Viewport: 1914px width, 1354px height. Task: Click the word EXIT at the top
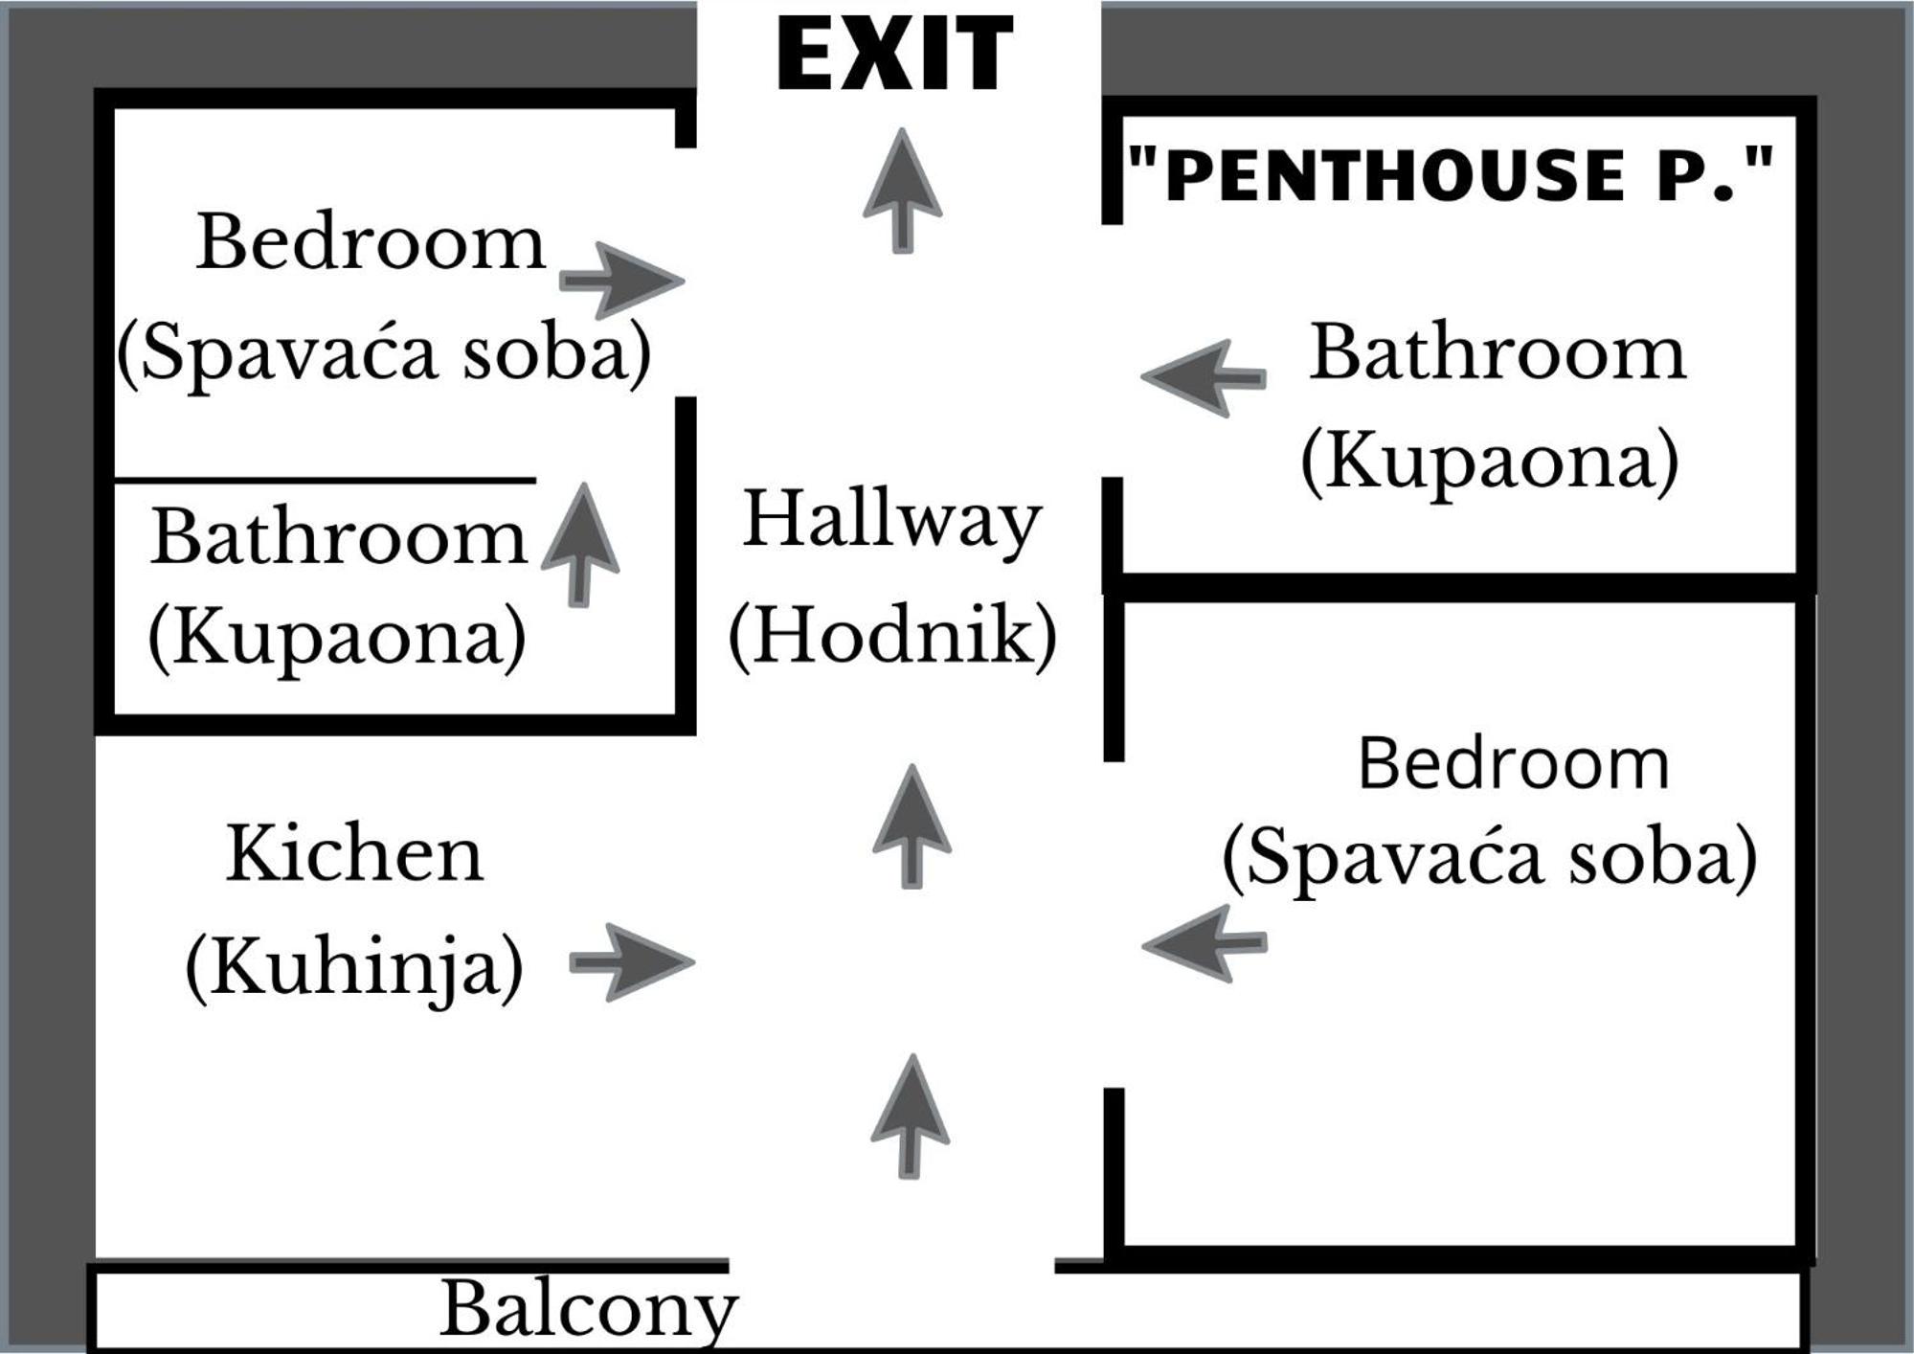[894, 54]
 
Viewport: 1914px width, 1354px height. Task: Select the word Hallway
[892, 519]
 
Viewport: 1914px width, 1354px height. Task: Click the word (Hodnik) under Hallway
[892, 635]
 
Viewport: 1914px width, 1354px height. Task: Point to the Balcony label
[589, 1309]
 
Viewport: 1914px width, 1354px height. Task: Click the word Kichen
[355, 853]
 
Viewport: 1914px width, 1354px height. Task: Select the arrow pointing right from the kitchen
[632, 962]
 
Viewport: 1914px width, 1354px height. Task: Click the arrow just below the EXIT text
[902, 191]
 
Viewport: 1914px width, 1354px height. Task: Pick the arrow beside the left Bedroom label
[621, 280]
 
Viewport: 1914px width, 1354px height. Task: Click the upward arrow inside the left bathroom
[580, 544]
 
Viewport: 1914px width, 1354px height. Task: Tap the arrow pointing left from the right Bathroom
[1204, 377]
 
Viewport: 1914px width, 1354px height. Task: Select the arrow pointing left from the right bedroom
[1204, 943]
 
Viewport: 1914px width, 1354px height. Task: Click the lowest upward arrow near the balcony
[910, 1117]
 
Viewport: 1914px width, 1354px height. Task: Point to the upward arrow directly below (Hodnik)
[912, 826]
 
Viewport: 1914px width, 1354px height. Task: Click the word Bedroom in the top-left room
[371, 241]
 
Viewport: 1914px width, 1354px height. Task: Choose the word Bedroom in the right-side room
[1514, 763]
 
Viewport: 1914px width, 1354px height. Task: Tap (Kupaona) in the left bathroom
[337, 637]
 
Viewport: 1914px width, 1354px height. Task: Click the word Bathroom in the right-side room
[1497, 352]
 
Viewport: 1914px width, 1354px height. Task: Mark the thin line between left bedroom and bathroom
[325, 479]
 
